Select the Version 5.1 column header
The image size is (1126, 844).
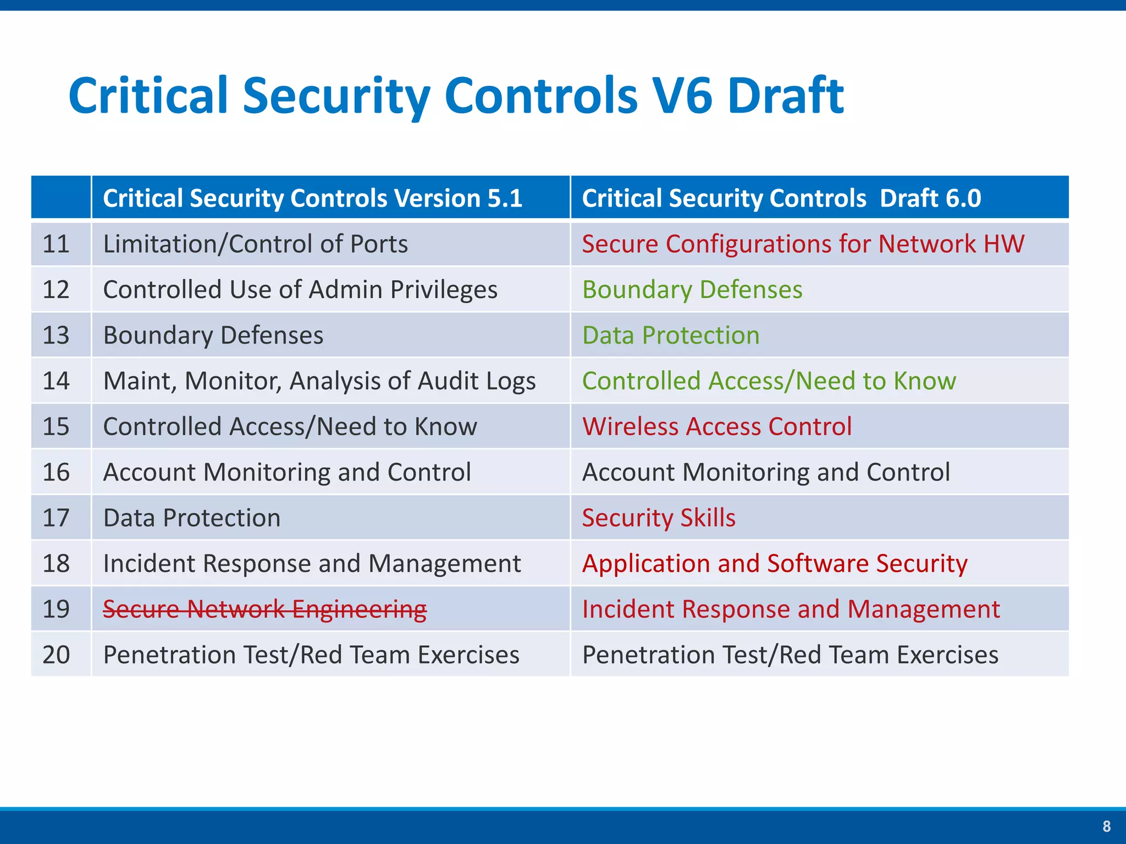coord(312,198)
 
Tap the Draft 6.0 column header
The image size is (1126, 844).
coord(781,198)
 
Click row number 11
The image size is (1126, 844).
coord(56,244)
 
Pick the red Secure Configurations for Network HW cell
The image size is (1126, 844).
coord(803,244)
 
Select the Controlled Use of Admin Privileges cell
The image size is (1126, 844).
coord(300,290)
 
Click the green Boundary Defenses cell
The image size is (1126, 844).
coord(692,290)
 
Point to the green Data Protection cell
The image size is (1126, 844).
coord(671,335)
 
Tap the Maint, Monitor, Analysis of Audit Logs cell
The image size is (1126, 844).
coord(319,381)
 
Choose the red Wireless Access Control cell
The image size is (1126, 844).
coord(716,426)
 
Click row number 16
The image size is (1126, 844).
coord(56,472)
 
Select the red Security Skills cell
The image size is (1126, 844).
coord(658,518)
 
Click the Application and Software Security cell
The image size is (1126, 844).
coord(774,563)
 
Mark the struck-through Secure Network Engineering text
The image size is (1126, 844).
coord(264,609)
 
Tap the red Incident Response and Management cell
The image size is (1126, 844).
coord(791,609)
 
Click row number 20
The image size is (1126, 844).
coord(56,654)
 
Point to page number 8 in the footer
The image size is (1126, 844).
coord(1106,826)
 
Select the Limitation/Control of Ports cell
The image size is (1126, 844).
coord(255,244)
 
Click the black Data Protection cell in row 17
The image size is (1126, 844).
coord(191,518)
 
